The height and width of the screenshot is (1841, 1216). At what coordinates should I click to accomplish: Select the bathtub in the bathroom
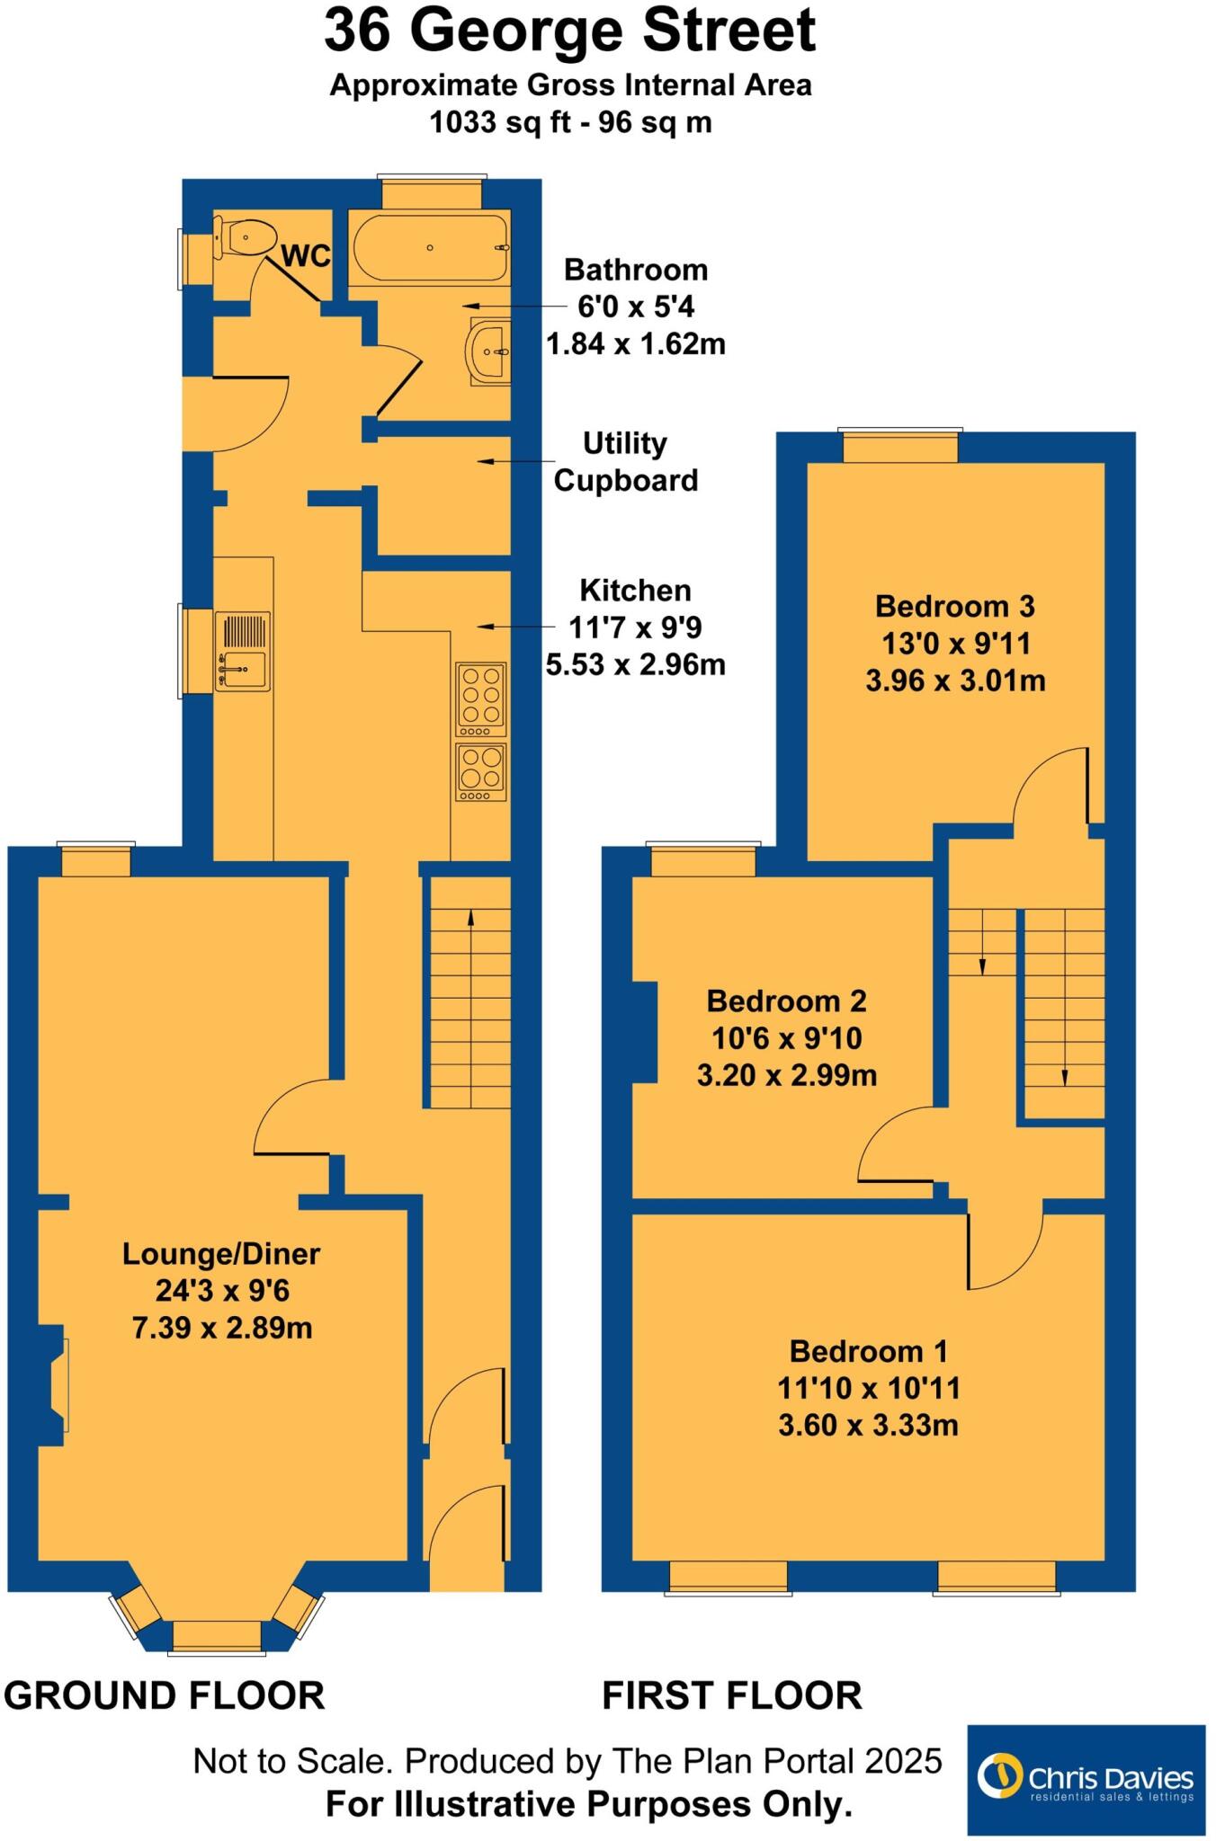pos(429,248)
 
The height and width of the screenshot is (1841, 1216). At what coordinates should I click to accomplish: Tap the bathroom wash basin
pos(488,351)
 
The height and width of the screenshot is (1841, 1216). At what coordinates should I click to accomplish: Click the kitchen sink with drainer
pos(242,651)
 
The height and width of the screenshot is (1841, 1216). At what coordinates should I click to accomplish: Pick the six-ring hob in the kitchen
pos(481,694)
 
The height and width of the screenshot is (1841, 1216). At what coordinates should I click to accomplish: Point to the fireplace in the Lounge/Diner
pos(55,1385)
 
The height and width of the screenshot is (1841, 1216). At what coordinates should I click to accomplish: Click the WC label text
pos(306,256)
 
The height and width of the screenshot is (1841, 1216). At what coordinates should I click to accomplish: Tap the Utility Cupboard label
pos(626,462)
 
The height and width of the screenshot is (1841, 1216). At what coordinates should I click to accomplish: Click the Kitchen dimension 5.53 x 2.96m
pos(635,664)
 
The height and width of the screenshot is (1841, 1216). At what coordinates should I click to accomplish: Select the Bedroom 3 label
pos(954,606)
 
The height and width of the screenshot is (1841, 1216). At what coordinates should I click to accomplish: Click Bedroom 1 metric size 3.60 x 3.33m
pos(868,1425)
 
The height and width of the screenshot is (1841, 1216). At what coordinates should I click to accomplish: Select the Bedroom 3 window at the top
pos(899,448)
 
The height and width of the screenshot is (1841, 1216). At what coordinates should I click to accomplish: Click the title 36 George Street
pos(569,31)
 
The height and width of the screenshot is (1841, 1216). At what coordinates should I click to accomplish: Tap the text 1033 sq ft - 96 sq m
pos(570,122)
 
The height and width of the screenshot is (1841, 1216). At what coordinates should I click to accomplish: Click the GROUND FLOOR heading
pos(165,1695)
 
